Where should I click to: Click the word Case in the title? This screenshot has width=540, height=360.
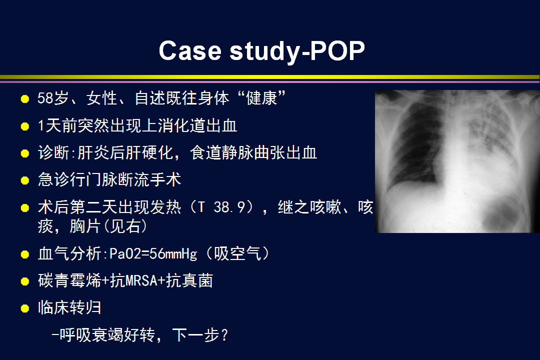(190, 50)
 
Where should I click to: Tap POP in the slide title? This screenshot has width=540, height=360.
(337, 50)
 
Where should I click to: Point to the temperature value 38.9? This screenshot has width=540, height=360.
(229, 207)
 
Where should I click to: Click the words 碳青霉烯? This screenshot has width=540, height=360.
(69, 281)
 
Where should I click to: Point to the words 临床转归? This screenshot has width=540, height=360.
(69, 307)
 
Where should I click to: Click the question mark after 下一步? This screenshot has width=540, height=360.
(224, 335)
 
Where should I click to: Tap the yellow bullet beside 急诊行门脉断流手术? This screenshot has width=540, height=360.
(25, 180)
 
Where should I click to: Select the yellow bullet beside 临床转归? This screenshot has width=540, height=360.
(25, 308)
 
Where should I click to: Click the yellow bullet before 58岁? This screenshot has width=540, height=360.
(25, 99)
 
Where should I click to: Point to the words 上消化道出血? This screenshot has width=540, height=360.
(189, 125)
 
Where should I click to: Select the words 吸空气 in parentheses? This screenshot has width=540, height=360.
(237, 254)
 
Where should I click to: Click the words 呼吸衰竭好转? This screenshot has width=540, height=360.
(107, 335)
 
